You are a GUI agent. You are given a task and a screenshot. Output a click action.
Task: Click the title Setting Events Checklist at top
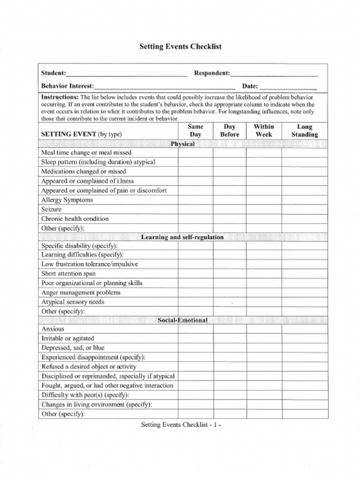(x=180, y=47)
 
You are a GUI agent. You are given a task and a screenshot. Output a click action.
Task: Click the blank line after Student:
(x=127, y=74)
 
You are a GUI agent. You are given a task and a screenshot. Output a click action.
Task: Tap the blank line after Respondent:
(x=274, y=74)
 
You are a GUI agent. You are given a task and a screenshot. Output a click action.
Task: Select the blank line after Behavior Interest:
(x=165, y=87)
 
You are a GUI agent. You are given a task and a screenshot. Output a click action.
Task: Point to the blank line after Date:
(x=288, y=87)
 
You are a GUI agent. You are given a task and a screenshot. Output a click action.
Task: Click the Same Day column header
(x=195, y=130)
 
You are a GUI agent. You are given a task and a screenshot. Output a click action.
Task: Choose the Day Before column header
(x=230, y=130)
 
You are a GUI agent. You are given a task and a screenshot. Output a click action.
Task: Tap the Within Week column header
(x=264, y=130)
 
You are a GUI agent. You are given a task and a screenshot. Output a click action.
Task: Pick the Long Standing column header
(x=305, y=130)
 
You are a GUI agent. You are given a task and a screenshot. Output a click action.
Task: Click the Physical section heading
(x=183, y=144)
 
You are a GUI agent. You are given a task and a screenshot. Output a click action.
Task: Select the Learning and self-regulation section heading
(x=183, y=237)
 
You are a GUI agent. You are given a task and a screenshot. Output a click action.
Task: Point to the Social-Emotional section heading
(x=183, y=320)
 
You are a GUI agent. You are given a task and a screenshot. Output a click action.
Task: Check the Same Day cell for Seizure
(x=195, y=210)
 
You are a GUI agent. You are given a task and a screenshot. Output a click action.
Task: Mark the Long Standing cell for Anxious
(x=305, y=329)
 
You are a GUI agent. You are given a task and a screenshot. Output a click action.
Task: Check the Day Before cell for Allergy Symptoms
(x=230, y=200)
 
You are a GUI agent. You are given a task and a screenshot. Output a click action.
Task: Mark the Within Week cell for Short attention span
(x=264, y=274)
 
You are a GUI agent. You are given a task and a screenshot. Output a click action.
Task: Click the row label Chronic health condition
(x=75, y=219)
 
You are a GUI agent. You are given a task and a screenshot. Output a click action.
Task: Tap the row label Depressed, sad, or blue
(x=73, y=348)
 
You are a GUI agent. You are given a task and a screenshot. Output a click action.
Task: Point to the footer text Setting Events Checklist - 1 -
(x=181, y=425)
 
